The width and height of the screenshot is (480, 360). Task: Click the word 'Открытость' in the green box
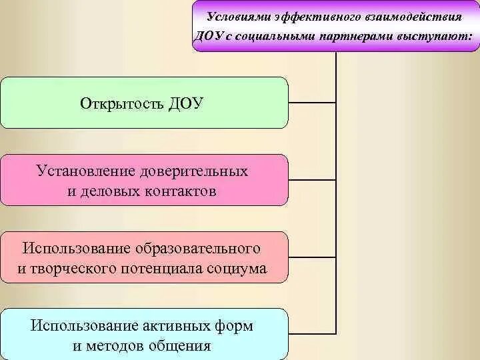[122, 103]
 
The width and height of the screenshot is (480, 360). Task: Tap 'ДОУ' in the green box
[185, 103]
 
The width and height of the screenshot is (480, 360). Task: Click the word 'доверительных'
[193, 171]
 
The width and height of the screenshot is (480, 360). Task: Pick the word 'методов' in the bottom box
[115, 346]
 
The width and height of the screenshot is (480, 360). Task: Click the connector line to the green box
[312, 103]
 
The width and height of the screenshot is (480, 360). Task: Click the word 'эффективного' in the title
[317, 15]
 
